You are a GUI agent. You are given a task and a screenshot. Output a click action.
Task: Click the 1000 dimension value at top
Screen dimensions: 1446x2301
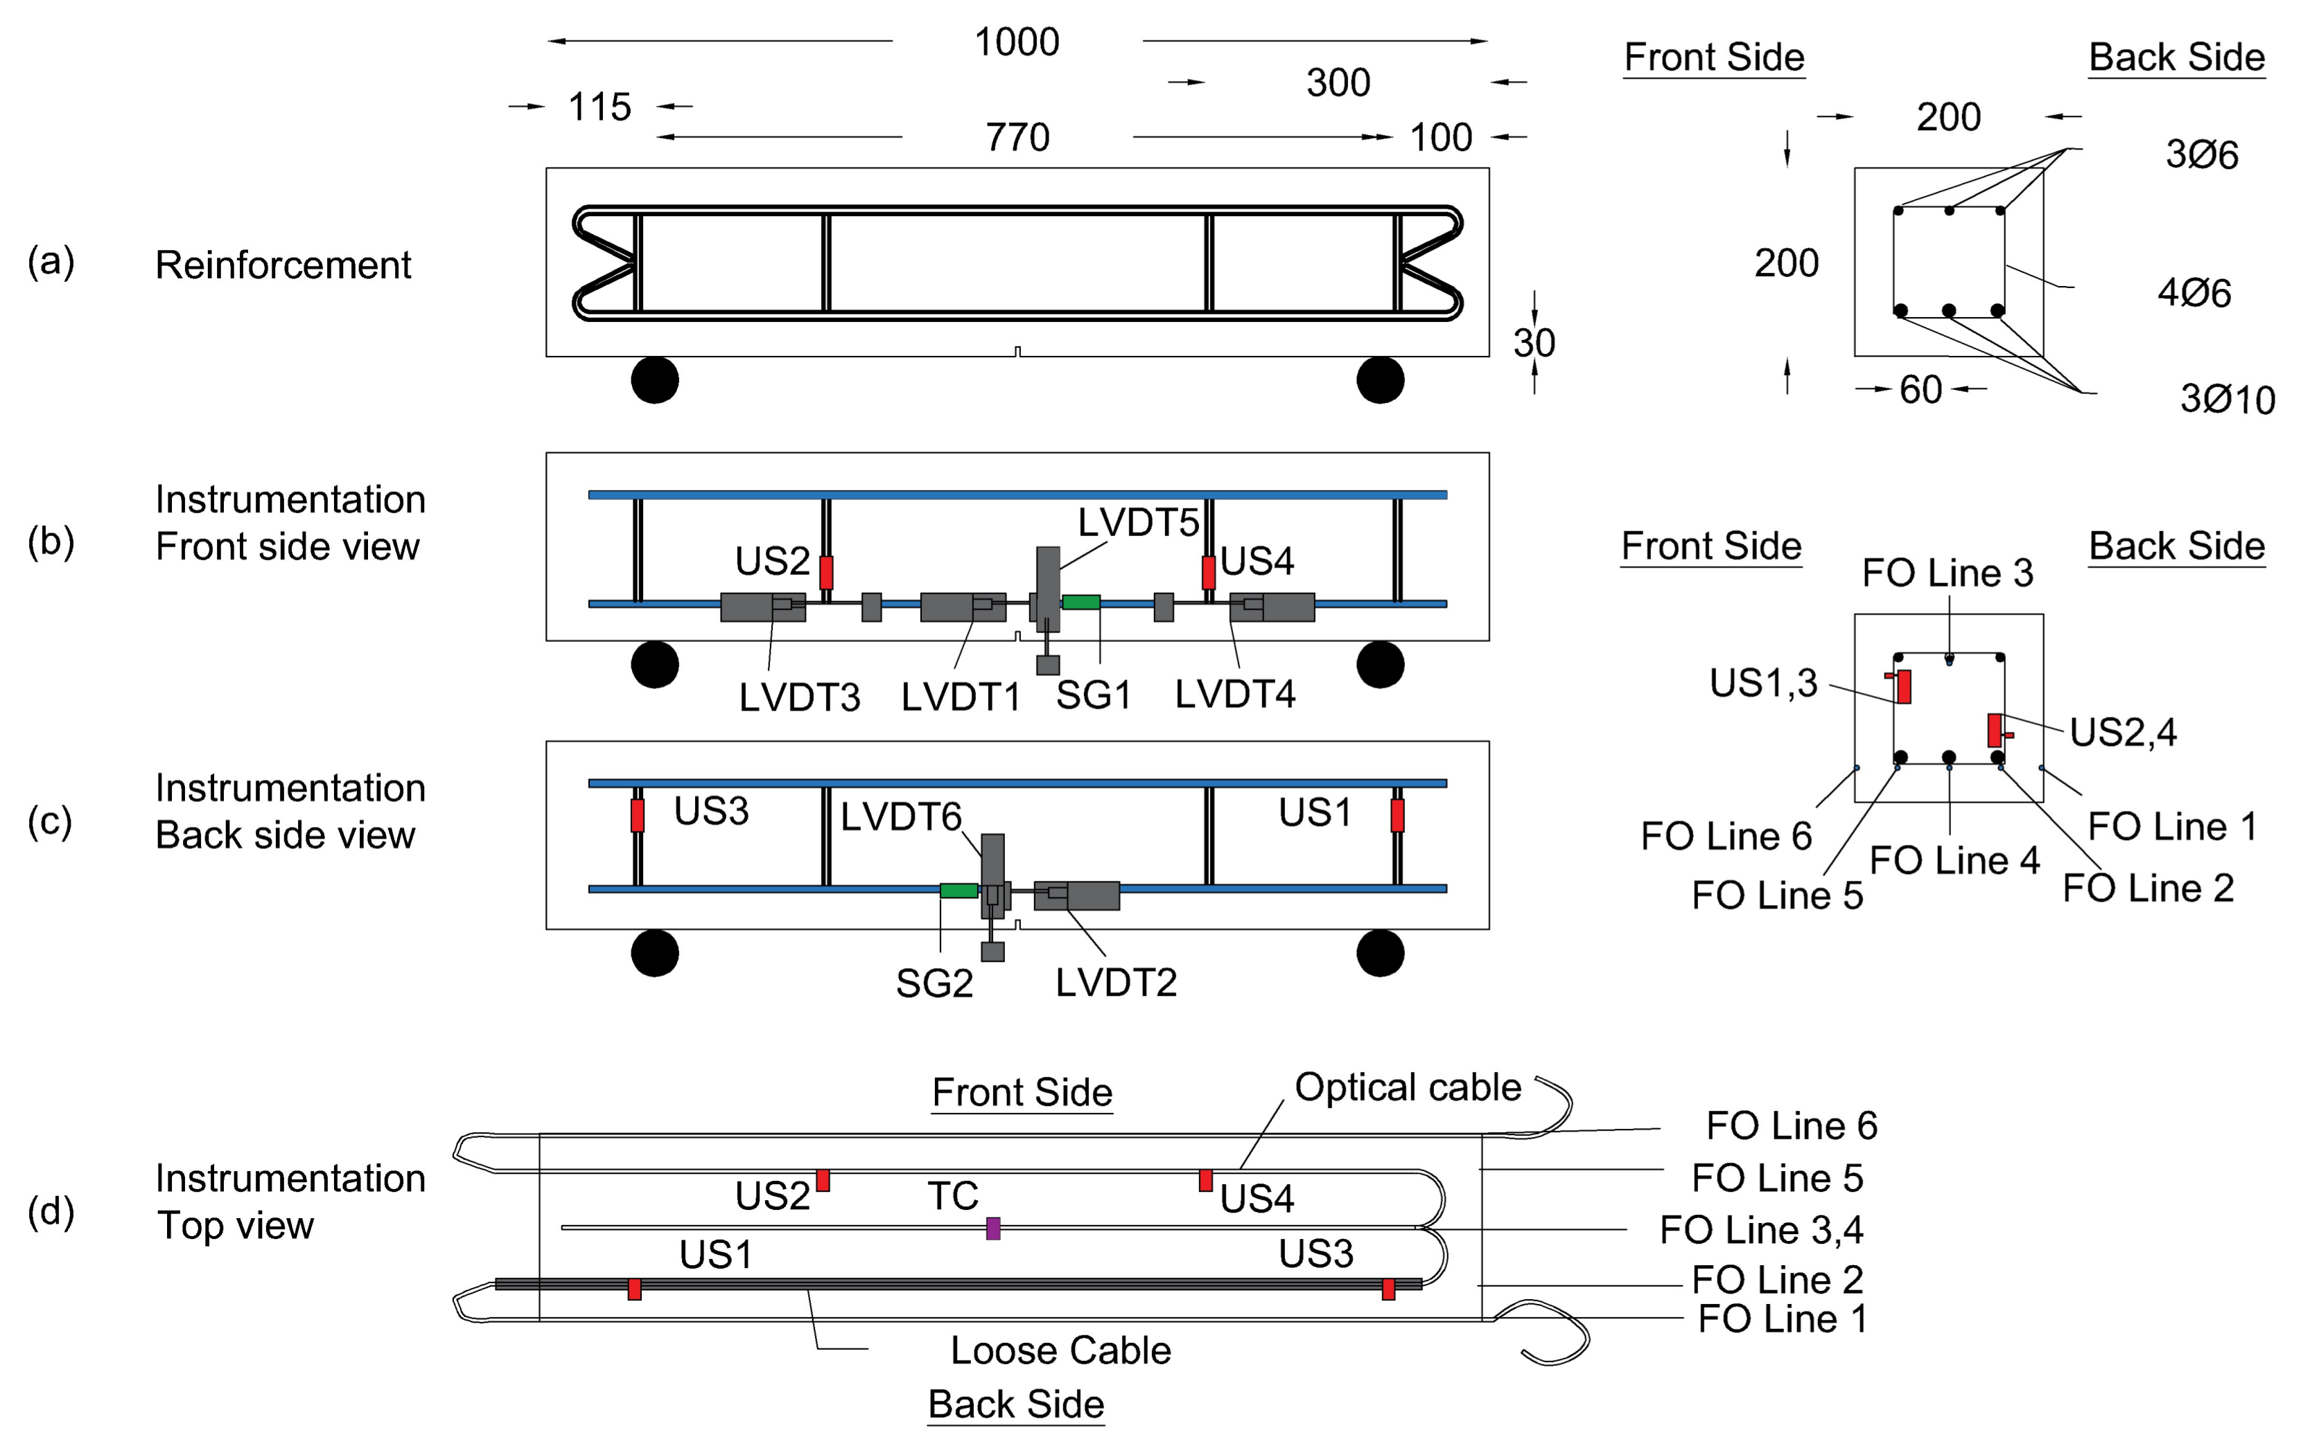[1016, 42]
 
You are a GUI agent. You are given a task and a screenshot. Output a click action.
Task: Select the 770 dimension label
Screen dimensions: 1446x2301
[1017, 138]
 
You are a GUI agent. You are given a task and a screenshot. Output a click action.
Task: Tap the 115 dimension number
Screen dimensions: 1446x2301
[599, 107]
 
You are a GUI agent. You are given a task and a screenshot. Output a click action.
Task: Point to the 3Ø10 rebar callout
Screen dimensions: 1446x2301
[2226, 399]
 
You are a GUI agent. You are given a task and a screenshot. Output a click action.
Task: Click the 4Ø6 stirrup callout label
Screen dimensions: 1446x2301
[2194, 292]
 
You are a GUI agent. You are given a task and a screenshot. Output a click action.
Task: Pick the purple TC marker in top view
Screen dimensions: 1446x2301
[993, 1229]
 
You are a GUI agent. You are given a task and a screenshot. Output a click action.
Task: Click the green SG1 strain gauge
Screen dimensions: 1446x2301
[1080, 602]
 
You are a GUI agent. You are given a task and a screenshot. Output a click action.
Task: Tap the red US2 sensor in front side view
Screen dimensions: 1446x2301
[827, 572]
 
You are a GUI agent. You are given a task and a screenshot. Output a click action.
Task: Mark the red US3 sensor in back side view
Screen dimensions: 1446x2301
[638, 814]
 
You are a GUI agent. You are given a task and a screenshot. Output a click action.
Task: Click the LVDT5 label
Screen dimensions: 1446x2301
[1137, 522]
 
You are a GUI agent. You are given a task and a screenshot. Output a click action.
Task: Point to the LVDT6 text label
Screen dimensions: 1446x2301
[900, 816]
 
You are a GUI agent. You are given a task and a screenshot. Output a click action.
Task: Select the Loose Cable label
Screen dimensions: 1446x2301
[1060, 1350]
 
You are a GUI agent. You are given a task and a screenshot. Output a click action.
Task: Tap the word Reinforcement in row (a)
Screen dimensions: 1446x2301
[283, 265]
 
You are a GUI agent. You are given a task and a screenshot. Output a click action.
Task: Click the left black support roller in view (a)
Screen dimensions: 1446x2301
[654, 380]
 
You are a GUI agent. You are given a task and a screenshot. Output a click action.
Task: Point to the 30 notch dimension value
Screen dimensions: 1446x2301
[1534, 343]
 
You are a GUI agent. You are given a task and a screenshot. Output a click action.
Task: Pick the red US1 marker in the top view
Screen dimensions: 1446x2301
[634, 1288]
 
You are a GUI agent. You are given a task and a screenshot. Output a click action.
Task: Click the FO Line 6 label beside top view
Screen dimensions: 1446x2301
[1791, 1125]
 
